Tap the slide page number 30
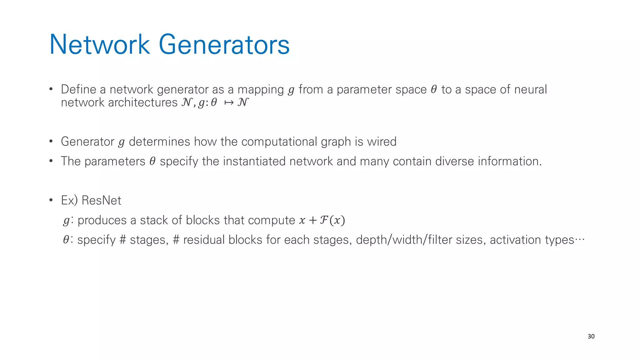point(591,336)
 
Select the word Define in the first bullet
point(78,89)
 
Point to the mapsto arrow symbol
point(229,102)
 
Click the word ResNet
point(101,200)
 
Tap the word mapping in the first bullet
point(261,90)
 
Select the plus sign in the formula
point(312,220)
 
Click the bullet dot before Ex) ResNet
point(51,200)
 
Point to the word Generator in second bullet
point(87,142)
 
